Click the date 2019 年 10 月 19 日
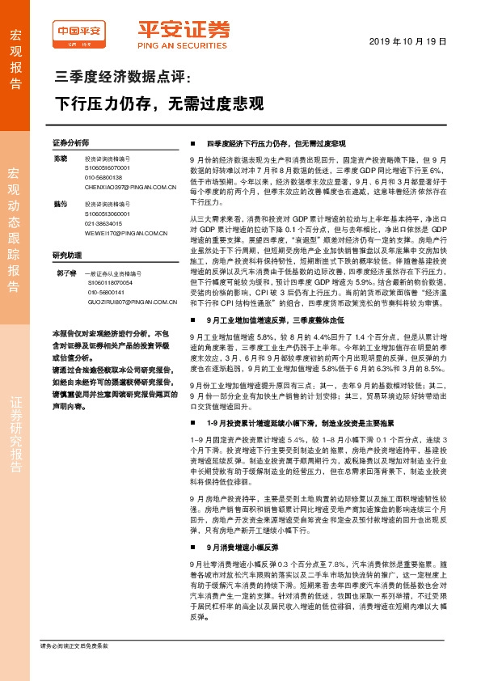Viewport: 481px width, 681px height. pos(415,40)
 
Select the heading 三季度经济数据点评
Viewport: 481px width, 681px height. pos(120,78)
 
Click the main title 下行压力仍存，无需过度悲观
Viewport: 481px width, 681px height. pos(158,104)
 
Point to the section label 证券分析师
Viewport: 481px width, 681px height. pos(70,141)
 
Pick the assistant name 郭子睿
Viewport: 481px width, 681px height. pos(68,273)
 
